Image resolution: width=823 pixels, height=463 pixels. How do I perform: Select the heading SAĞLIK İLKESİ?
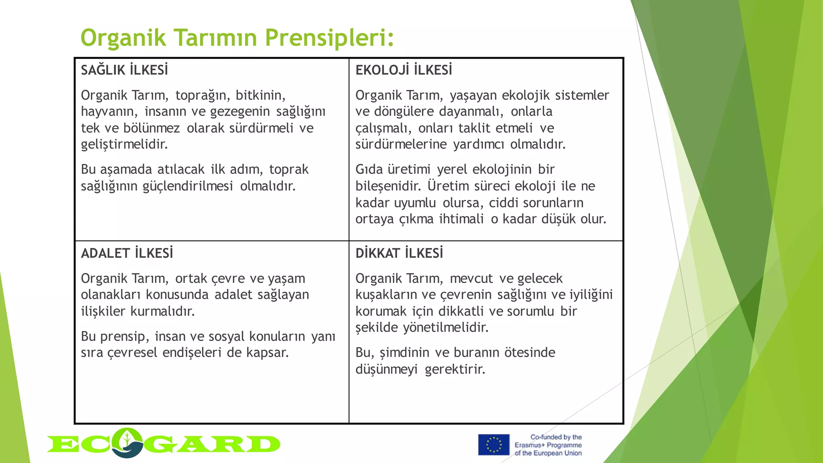coord(125,70)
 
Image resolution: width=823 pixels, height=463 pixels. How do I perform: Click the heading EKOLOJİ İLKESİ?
coord(403,70)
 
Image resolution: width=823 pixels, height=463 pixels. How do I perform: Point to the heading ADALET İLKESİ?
coord(127,253)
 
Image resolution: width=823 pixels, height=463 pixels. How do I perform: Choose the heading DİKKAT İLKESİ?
coord(399,253)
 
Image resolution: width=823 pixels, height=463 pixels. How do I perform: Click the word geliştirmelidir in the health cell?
coord(124,144)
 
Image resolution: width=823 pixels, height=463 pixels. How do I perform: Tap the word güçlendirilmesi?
coord(188,186)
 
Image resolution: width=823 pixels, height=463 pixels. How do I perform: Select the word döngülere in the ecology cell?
coord(404,111)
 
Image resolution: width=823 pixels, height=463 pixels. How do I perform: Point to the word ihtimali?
coord(461,219)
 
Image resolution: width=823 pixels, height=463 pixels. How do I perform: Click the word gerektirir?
coord(455,369)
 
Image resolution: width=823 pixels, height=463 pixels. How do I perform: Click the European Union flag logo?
coord(493,445)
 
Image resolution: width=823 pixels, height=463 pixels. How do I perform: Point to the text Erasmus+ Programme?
coord(548,445)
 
